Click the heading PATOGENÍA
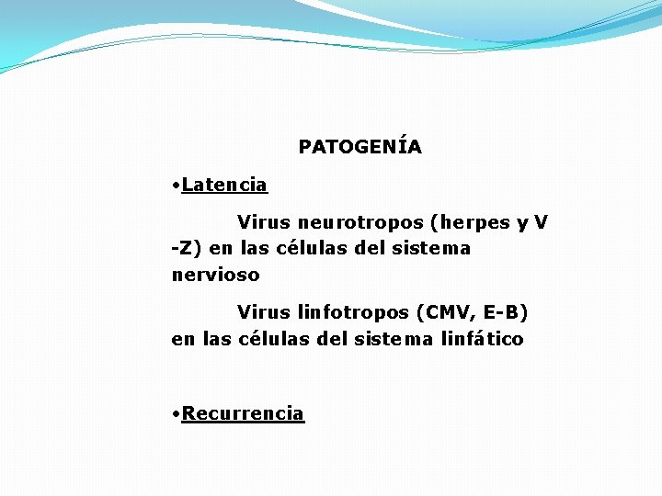tap(360, 147)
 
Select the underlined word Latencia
tap(224, 185)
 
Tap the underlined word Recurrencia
tap(243, 413)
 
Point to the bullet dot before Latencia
tap(176, 186)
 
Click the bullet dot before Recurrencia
tap(176, 414)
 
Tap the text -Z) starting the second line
tap(188, 248)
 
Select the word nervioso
tap(215, 275)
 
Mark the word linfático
tap(483, 339)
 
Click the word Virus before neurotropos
tap(264, 222)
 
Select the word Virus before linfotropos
tap(264, 312)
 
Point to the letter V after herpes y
tap(541, 222)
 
